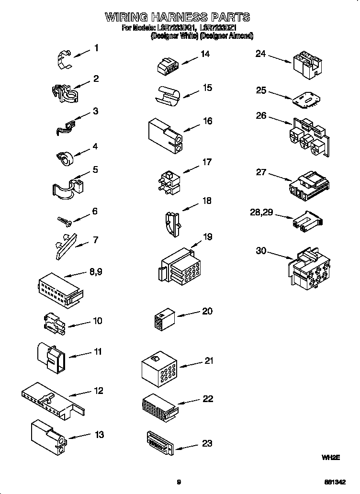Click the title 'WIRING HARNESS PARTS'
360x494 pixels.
tap(178, 17)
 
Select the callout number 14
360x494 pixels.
tap(205, 54)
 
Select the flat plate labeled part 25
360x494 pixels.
tap(305, 99)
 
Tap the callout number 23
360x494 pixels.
tap(207, 443)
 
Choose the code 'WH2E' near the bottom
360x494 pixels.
tap(330, 458)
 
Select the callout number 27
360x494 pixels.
tap(261, 172)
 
